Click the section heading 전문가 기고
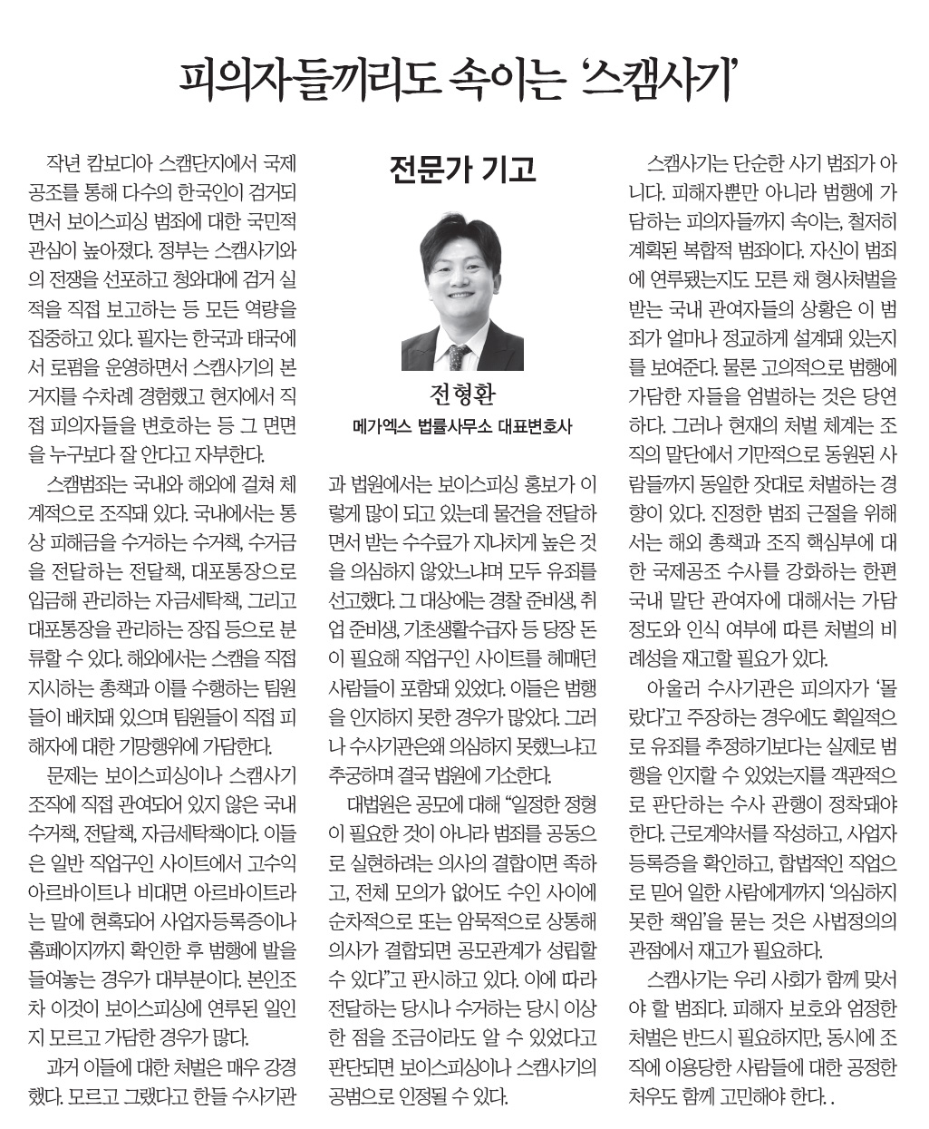(x=462, y=169)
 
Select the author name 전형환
(x=462, y=396)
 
